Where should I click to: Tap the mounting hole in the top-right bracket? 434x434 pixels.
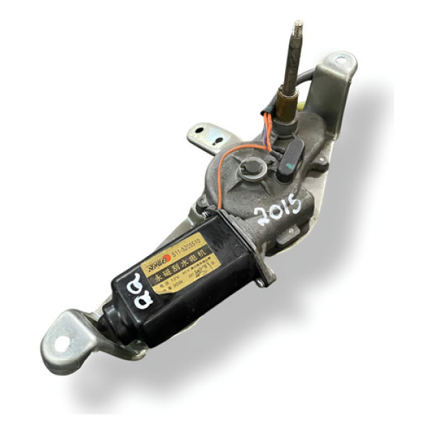tap(340, 64)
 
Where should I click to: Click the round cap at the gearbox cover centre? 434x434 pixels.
tap(251, 168)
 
